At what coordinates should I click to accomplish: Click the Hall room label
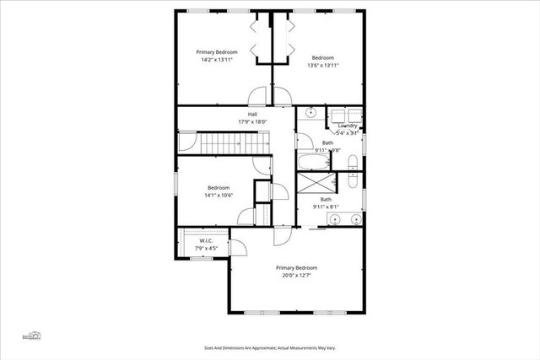coord(252,114)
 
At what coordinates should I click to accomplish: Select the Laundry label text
coord(348,126)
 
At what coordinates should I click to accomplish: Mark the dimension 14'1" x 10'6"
coord(219,195)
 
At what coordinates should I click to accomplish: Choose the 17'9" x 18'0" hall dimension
coord(252,121)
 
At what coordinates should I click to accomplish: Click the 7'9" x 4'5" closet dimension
coord(207,249)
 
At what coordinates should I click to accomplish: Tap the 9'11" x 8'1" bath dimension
coord(325,207)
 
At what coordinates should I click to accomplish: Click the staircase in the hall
coord(223,142)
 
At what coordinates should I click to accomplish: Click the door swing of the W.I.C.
coord(238,246)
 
